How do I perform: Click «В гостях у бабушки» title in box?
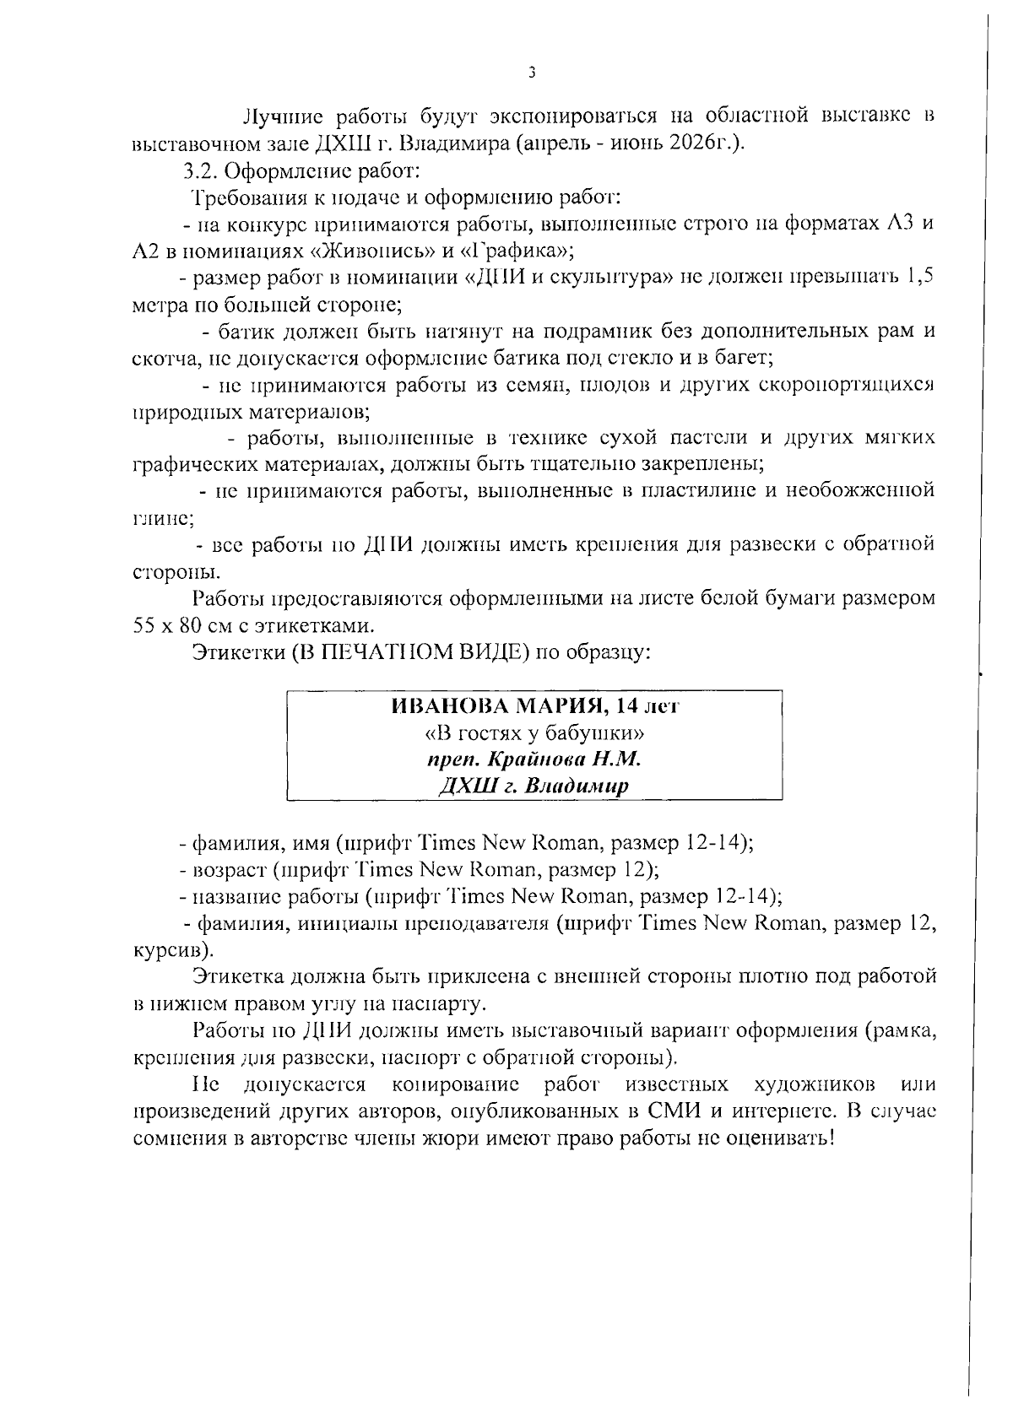[x=534, y=732]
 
